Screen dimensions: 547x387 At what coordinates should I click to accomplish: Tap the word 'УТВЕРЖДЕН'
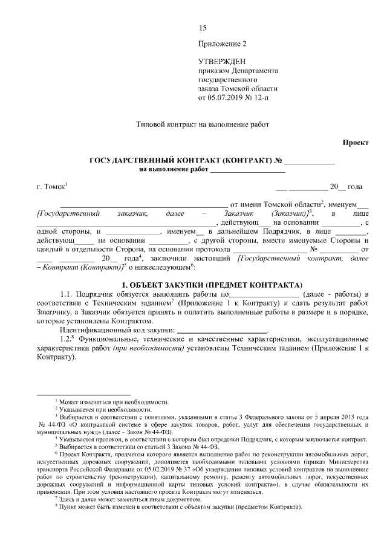tap(222, 62)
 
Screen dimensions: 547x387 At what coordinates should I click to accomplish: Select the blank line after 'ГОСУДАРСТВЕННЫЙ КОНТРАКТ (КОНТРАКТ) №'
tap(309, 161)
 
